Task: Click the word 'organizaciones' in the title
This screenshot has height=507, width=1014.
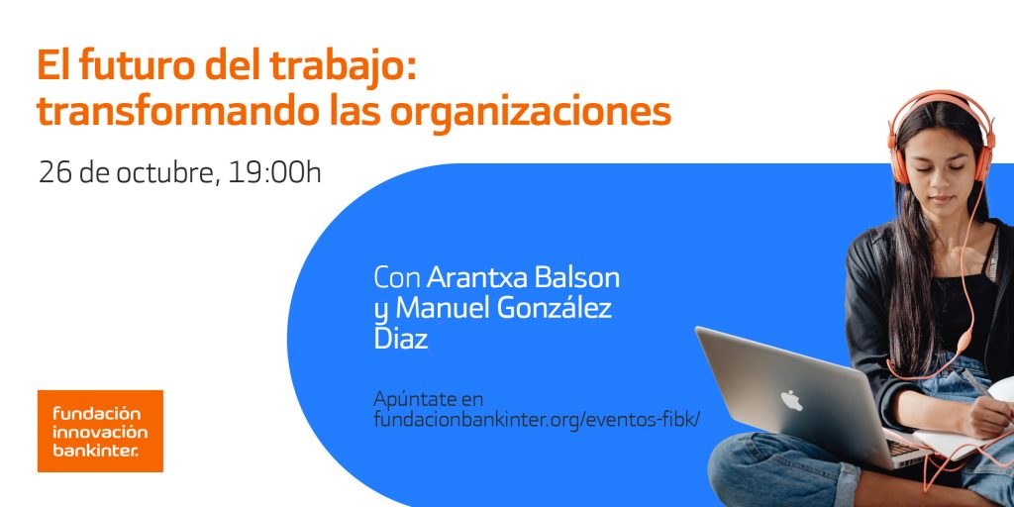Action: tap(530, 111)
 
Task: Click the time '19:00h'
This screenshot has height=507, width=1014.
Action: tap(274, 172)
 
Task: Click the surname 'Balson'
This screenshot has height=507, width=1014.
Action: tap(578, 276)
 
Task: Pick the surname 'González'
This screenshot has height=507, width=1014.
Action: tap(555, 308)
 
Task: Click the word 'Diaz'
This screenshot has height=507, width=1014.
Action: tap(401, 340)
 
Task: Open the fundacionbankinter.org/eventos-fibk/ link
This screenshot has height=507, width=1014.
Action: tap(536, 419)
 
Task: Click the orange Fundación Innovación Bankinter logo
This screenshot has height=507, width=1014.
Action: tap(100, 430)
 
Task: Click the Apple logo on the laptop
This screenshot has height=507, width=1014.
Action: tap(791, 400)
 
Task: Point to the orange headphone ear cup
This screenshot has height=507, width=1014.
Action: tap(899, 163)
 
